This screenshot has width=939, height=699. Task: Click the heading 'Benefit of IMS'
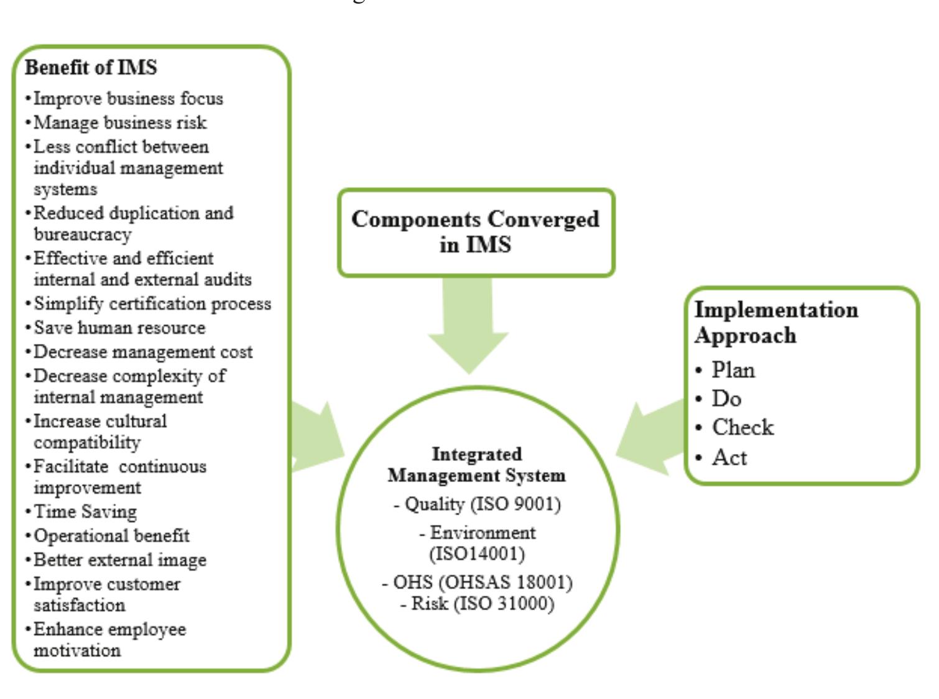[x=91, y=67]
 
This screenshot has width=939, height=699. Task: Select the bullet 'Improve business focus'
[x=127, y=98]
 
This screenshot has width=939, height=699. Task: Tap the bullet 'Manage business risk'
[x=119, y=123]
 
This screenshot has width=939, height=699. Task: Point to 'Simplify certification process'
[x=152, y=303]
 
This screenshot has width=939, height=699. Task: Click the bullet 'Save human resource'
[x=119, y=328]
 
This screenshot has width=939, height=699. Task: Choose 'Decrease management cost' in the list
[x=142, y=352]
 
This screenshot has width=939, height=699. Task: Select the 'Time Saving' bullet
[x=85, y=511]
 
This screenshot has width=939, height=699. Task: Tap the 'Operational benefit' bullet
[x=111, y=535]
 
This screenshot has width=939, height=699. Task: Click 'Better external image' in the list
[x=119, y=560]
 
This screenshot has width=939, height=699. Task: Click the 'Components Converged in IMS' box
[x=476, y=232]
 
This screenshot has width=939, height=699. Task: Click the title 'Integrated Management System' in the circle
[x=476, y=465]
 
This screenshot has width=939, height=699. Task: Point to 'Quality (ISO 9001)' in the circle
[x=477, y=504]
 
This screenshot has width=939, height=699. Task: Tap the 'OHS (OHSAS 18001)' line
[x=477, y=582]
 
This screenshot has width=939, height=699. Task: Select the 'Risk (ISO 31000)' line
[x=477, y=603]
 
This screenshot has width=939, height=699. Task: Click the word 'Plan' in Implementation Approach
[x=733, y=370]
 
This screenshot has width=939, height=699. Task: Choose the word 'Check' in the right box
[x=742, y=427]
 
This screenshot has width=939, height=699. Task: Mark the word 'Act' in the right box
[x=729, y=457]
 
